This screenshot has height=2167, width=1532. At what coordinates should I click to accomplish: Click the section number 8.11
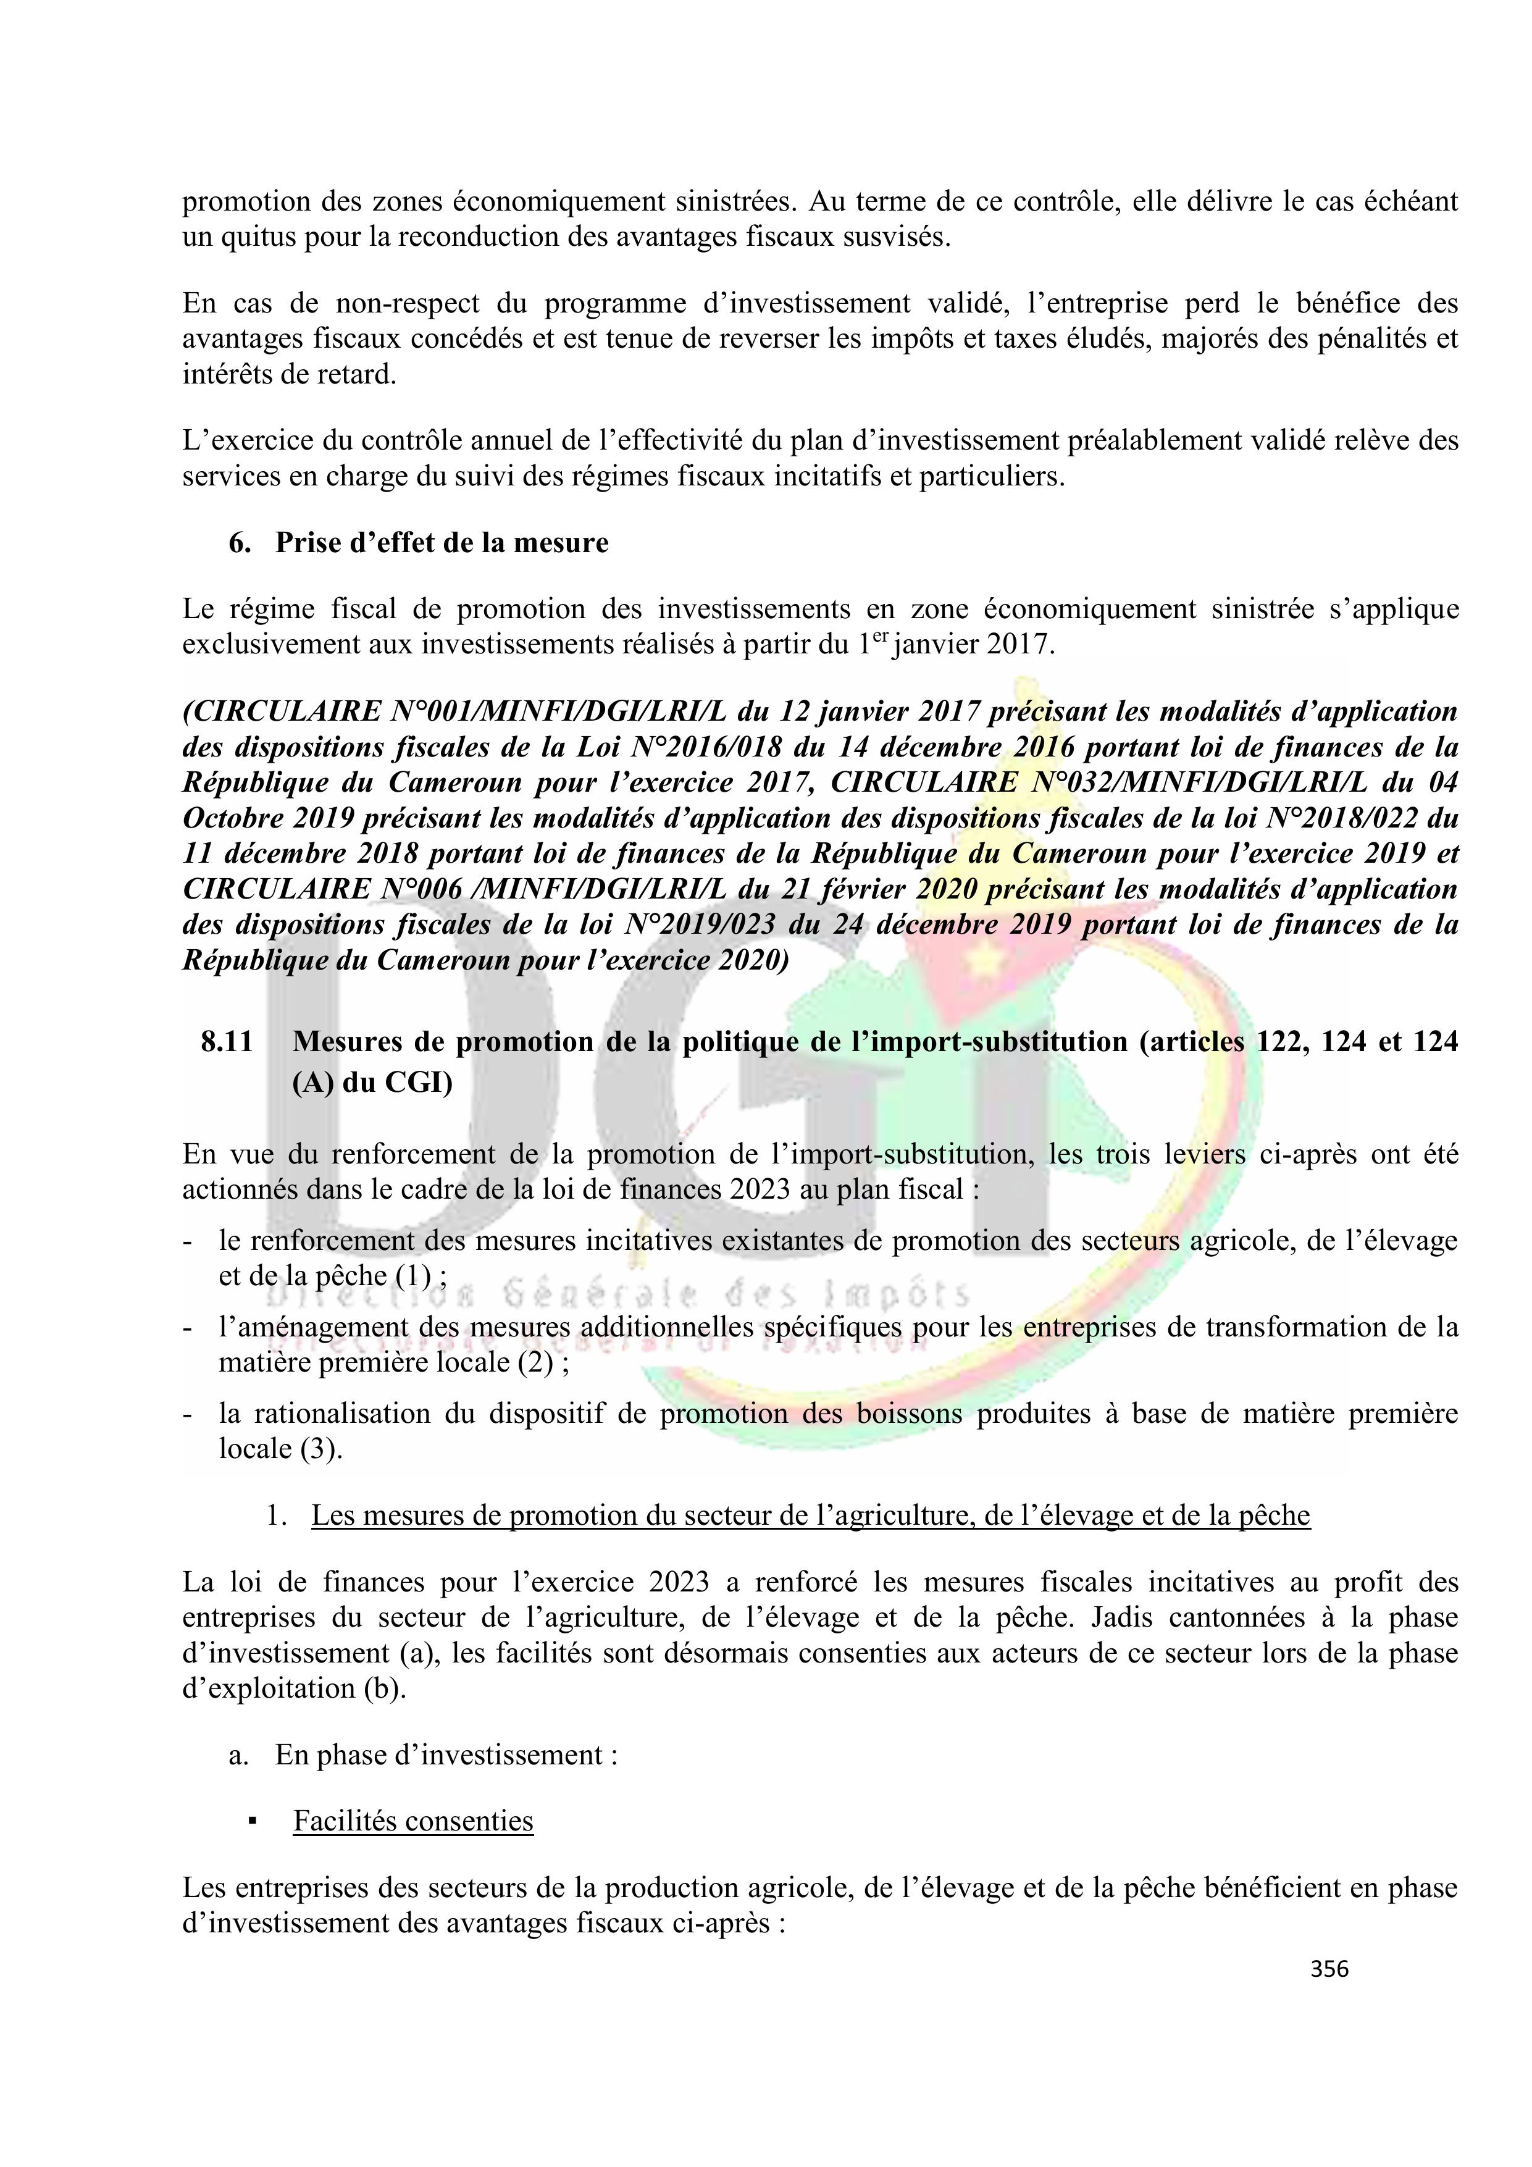pos(227,1042)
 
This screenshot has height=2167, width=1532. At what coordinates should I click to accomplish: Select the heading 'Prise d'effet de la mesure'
pos(442,543)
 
